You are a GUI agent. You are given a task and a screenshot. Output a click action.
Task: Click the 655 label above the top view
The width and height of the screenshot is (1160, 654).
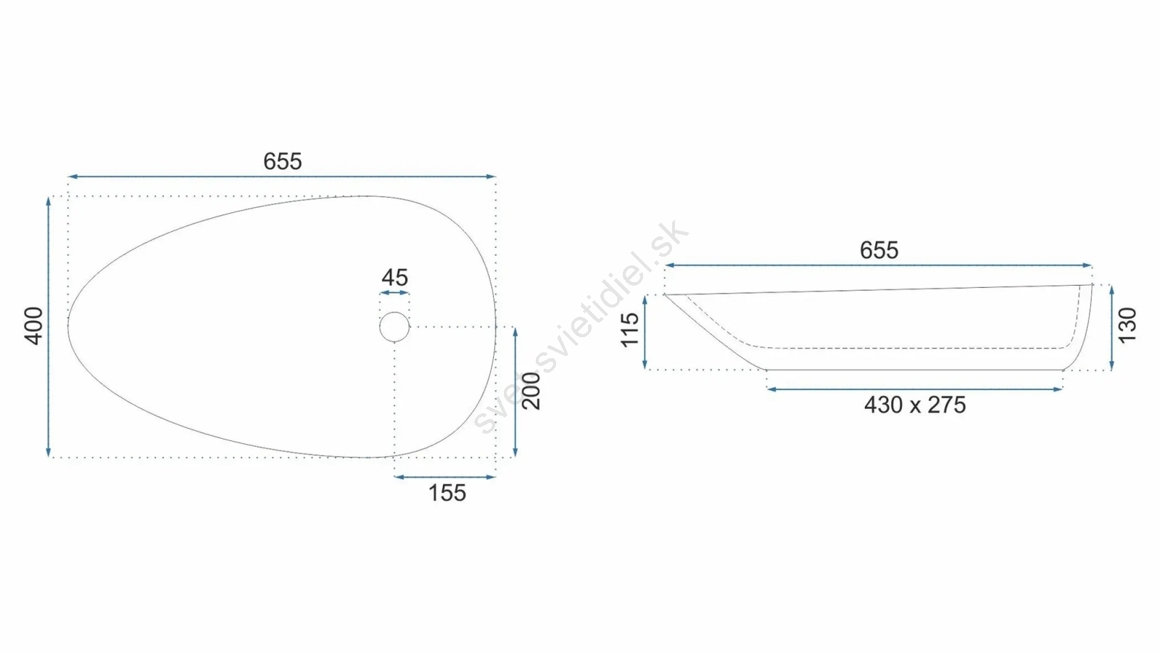(x=282, y=162)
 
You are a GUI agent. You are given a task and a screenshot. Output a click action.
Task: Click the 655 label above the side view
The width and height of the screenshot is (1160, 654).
(x=879, y=251)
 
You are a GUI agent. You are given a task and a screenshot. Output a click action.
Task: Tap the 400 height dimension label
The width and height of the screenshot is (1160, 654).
(x=34, y=326)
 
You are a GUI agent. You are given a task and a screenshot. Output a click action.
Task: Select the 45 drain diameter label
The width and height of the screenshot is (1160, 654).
(x=394, y=278)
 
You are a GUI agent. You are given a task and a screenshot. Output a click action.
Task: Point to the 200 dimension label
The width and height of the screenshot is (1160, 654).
(x=531, y=392)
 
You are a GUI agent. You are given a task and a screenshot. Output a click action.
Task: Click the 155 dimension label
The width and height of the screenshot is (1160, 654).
(x=447, y=493)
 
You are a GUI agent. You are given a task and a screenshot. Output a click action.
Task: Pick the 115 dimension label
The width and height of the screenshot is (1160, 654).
(x=630, y=330)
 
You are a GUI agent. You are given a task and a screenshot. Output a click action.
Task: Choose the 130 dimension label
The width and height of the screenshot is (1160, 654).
(x=1127, y=326)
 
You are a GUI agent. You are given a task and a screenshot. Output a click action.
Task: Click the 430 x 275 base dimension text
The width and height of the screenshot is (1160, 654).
(x=914, y=405)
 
